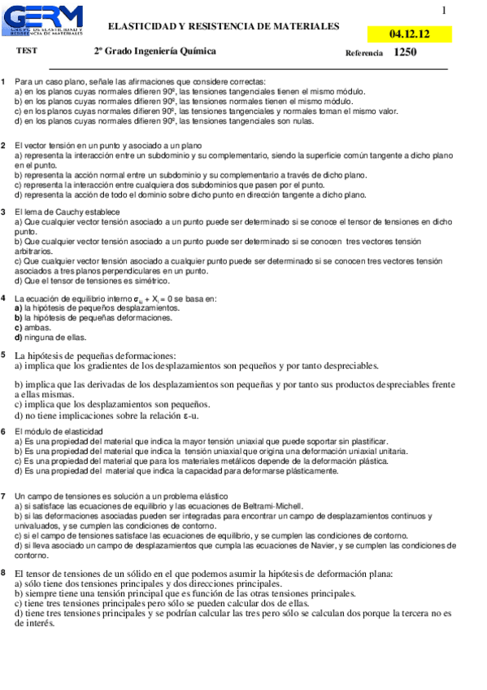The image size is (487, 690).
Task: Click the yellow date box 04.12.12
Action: (x=409, y=34)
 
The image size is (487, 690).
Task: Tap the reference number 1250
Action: (x=405, y=52)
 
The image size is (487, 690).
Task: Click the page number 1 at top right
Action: (x=444, y=11)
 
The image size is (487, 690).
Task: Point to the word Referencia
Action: (x=363, y=53)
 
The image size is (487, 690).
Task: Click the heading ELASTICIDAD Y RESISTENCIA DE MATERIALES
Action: (x=224, y=27)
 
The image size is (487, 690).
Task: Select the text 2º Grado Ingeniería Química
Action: (x=154, y=51)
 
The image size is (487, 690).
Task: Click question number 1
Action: (x=4, y=82)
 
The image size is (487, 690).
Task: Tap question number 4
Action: (x=4, y=299)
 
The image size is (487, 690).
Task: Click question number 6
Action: (x=4, y=431)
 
